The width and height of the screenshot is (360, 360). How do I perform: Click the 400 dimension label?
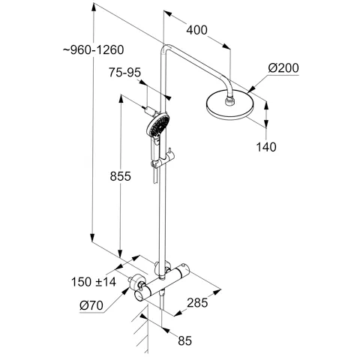(196, 30)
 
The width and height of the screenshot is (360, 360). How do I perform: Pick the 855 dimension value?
(120, 176)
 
